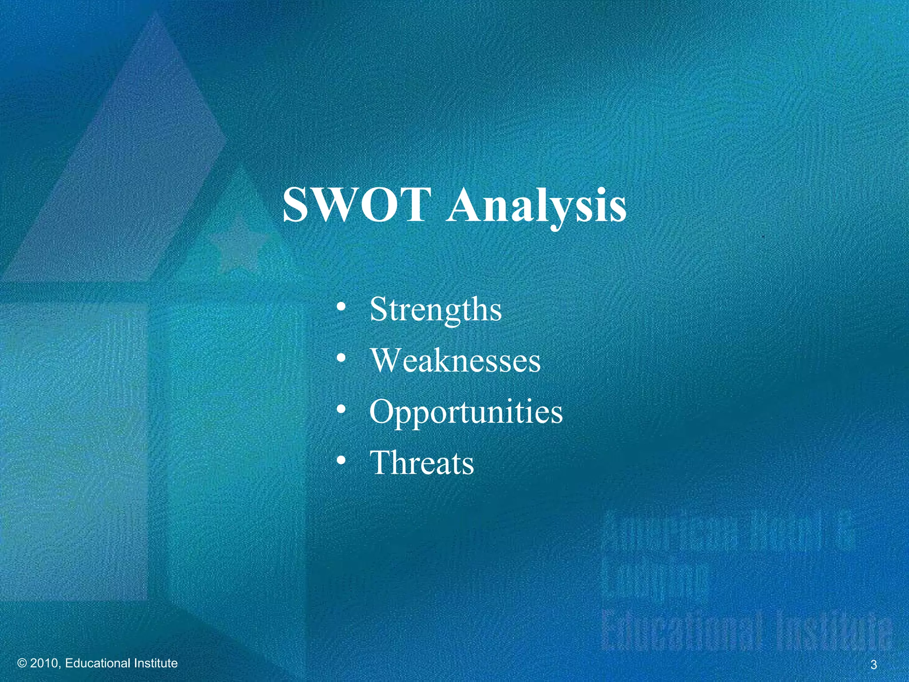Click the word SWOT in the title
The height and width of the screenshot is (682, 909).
357,205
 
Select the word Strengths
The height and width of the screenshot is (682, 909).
435,309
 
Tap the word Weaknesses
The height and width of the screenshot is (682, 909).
455,360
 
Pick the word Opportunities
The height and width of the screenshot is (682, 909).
466,412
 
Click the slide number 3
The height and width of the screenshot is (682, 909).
873,665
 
